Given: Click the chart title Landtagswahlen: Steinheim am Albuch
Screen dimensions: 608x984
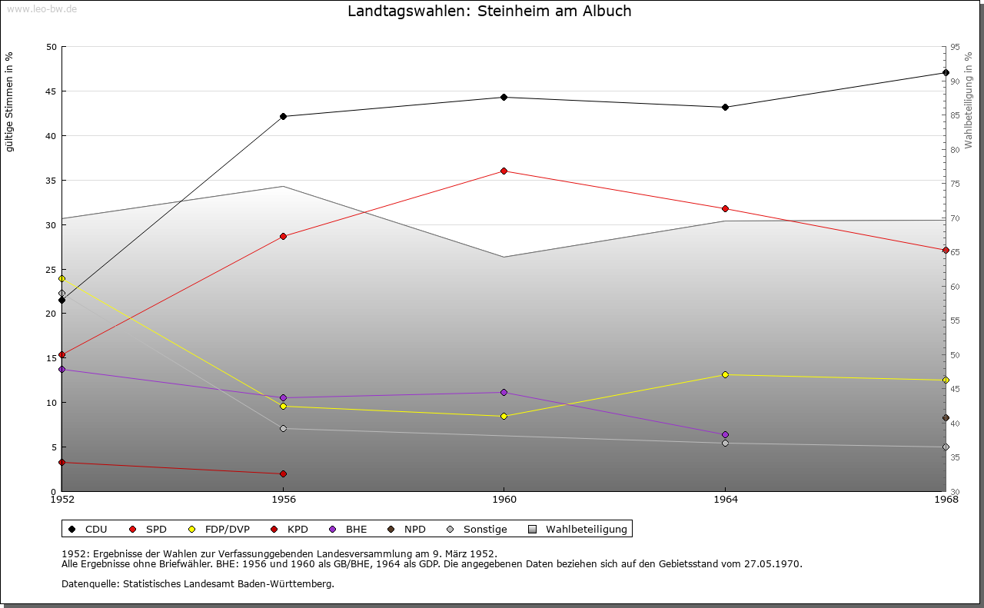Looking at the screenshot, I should [x=490, y=12].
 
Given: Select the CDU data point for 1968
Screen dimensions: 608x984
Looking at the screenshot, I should [x=946, y=73].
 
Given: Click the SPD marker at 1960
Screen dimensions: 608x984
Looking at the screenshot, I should [x=504, y=171].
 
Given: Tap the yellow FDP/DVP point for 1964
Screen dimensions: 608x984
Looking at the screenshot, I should [x=725, y=374].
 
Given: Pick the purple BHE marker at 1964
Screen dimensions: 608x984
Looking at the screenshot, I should [x=725, y=435].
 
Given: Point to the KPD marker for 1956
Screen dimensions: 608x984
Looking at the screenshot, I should [x=283, y=473].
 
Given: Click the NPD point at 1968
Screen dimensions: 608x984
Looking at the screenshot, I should [x=946, y=418].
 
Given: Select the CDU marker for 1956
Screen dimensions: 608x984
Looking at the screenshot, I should [x=283, y=117].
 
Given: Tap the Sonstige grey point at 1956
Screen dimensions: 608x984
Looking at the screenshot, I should [x=283, y=429].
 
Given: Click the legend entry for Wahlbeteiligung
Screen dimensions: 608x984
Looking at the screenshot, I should [x=586, y=529].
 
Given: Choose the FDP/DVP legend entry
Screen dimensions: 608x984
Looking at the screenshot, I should [x=227, y=529].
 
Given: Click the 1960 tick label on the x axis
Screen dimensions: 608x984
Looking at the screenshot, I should [x=504, y=500].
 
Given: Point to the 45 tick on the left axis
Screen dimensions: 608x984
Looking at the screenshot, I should [x=52, y=91].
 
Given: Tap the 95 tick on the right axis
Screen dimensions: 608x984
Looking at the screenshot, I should [x=955, y=47].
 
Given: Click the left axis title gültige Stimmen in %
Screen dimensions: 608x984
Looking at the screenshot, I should [x=9, y=101].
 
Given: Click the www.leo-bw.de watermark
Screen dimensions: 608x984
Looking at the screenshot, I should [x=41, y=8].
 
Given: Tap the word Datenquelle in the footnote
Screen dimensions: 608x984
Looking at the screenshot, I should [x=87, y=583].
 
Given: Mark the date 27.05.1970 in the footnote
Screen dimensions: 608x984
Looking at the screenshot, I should [x=773, y=563].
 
